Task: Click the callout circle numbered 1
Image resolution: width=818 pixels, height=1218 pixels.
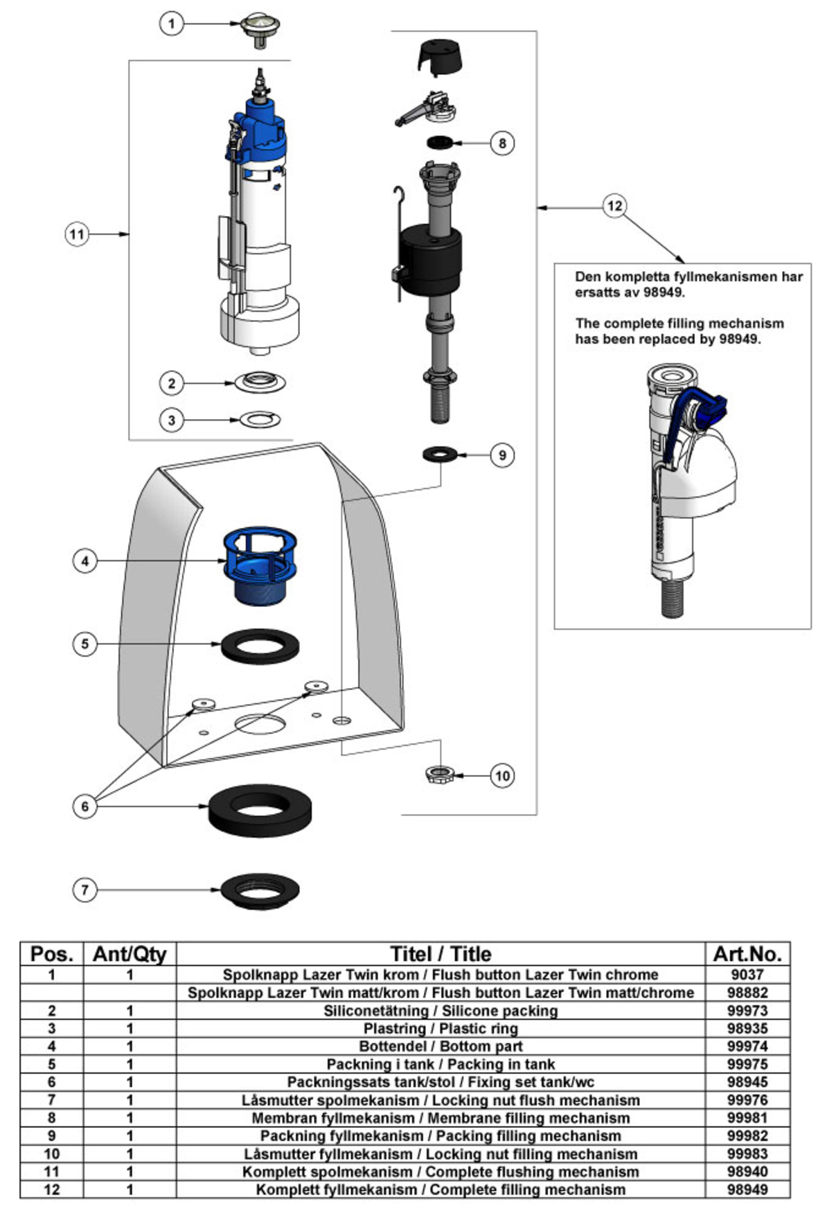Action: click(x=171, y=24)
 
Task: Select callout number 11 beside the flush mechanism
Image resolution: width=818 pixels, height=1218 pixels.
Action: click(x=77, y=234)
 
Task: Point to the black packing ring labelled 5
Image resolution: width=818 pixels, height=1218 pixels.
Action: click(x=260, y=645)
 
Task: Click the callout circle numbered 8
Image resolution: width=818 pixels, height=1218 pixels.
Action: click(x=502, y=143)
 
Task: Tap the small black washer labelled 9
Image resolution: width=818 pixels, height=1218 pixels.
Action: click(x=439, y=454)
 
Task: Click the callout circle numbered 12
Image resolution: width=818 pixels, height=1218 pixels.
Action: click(x=614, y=206)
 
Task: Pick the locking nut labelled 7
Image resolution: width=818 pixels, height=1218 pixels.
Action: click(x=260, y=891)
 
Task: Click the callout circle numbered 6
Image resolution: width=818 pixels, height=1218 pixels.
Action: click(x=85, y=806)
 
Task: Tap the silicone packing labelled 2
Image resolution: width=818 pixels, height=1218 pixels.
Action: click(x=260, y=382)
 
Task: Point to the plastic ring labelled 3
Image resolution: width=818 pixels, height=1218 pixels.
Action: click(x=260, y=419)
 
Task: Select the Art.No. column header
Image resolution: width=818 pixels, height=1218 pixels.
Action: click(x=747, y=954)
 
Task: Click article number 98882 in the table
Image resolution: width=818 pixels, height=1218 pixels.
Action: click(x=747, y=993)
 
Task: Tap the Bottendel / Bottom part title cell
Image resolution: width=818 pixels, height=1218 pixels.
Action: click(x=441, y=1046)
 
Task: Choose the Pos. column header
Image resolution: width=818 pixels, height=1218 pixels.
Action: click(x=52, y=954)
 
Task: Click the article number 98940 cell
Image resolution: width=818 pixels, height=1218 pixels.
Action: click(x=747, y=1172)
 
